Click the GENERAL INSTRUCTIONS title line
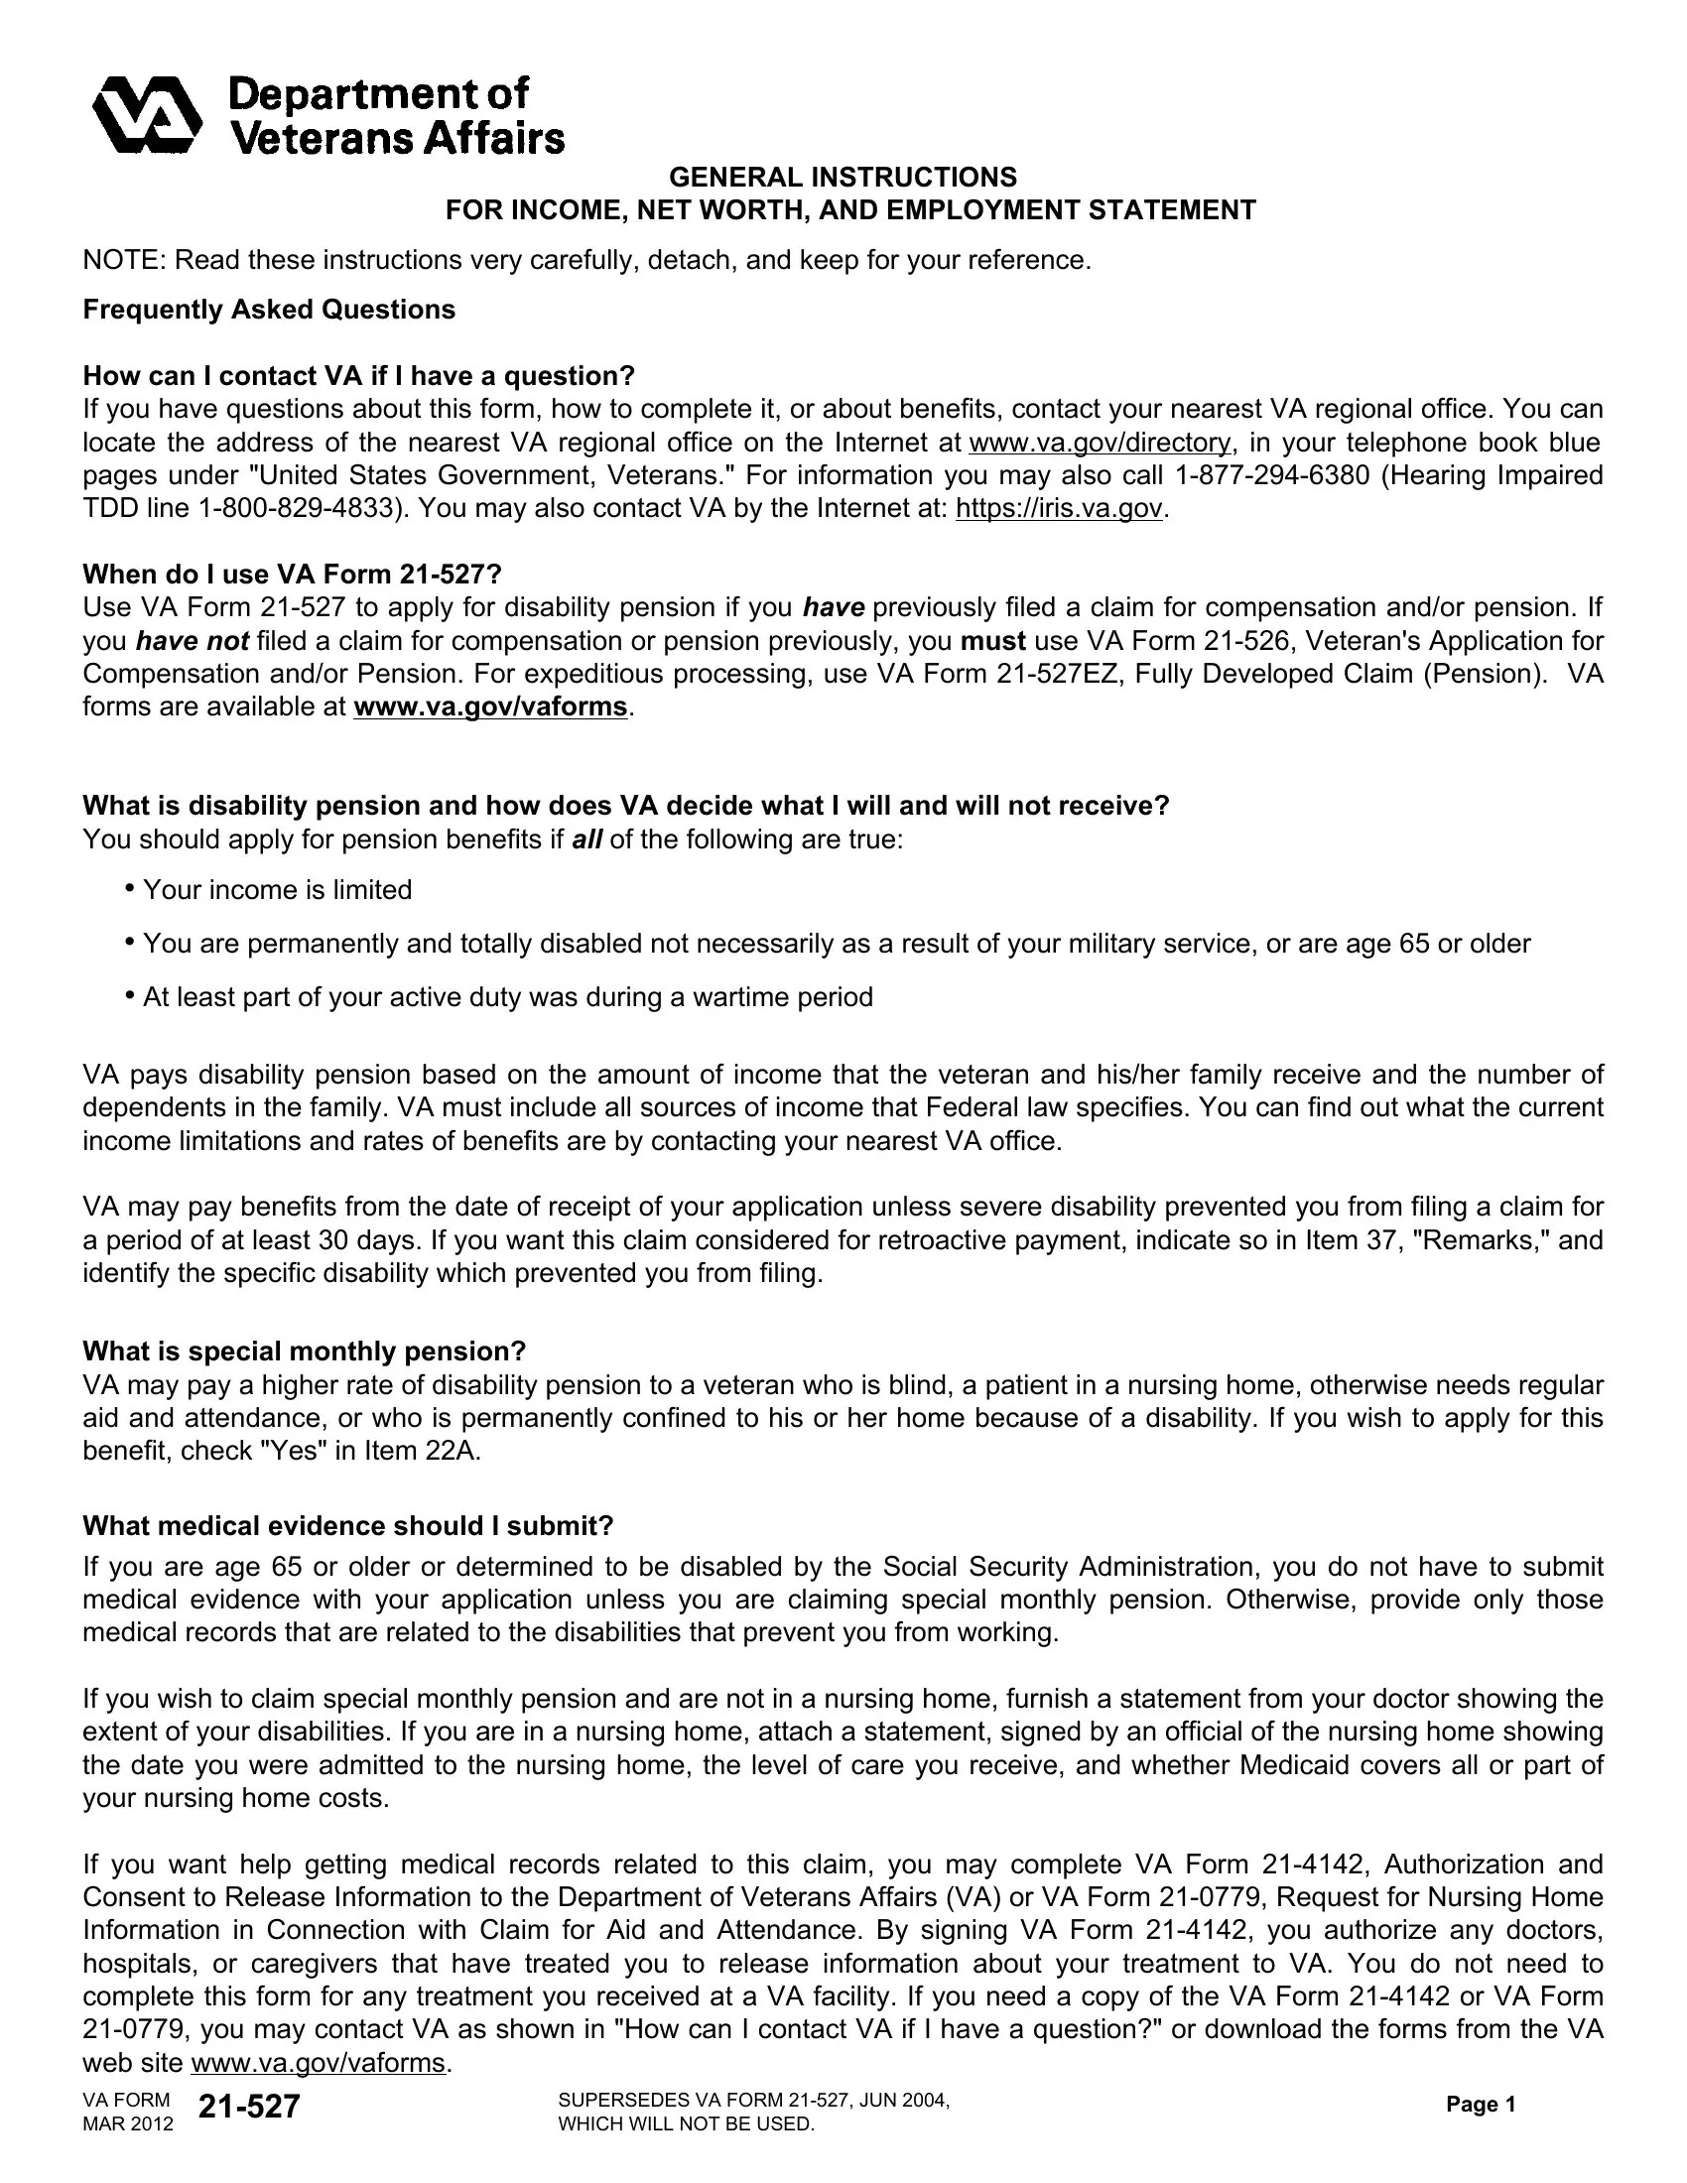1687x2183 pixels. pyautogui.click(x=843, y=177)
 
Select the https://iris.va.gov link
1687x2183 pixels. pyautogui.click(x=1060, y=509)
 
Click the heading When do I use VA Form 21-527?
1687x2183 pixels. pyautogui.click(x=292, y=575)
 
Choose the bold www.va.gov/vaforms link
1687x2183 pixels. pyautogui.click(x=490, y=707)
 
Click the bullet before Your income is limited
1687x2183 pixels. pyautogui.click(x=130, y=889)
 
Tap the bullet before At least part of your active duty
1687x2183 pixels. pyautogui.click(x=130, y=995)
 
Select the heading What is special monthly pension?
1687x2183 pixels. pyautogui.click(x=304, y=1351)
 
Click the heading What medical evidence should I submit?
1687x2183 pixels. pyautogui.click(x=347, y=1526)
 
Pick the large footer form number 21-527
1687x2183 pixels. pyautogui.click(x=249, y=2107)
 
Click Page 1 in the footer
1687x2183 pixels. pyautogui.click(x=1482, y=2105)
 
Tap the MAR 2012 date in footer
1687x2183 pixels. pyautogui.click(x=128, y=2124)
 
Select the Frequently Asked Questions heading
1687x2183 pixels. pyautogui.click(x=269, y=310)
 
